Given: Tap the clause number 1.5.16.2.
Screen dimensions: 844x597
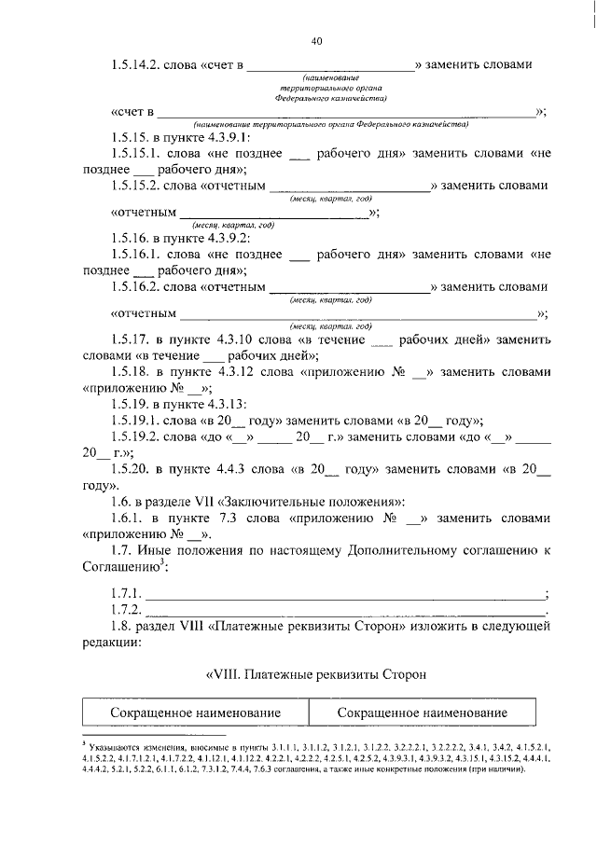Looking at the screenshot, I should tap(135, 287).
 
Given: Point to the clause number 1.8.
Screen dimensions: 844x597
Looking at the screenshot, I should tap(121, 628).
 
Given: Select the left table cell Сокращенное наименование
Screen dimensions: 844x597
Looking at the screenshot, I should tap(196, 713).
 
